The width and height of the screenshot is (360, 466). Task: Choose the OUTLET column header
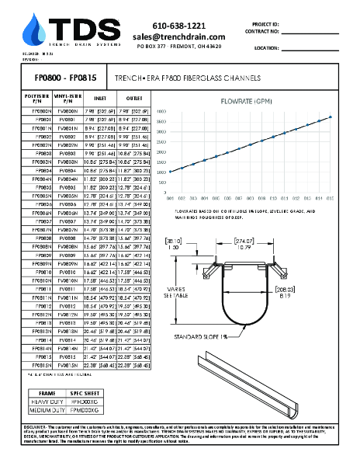point(134,99)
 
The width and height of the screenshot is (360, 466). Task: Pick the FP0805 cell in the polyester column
point(43,187)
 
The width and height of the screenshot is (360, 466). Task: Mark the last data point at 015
point(331,116)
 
